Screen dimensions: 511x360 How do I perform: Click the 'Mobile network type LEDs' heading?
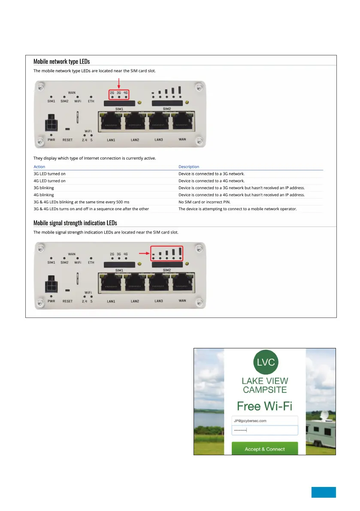[x=62, y=62]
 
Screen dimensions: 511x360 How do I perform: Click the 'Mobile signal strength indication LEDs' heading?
[x=75, y=223]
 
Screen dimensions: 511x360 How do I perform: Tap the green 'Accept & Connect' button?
[x=265, y=449]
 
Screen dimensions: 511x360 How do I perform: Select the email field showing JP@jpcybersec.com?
[x=265, y=420]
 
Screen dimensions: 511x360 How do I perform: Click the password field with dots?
[x=265, y=430]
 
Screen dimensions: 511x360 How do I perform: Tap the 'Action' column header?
[x=39, y=166]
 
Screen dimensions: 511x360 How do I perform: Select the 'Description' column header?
[x=189, y=166]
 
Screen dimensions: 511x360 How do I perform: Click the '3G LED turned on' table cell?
[x=50, y=174]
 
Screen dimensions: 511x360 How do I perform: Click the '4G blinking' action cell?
[x=44, y=194]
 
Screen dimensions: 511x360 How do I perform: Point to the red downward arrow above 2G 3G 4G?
[x=119, y=84]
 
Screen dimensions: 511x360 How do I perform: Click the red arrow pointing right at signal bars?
[x=145, y=254]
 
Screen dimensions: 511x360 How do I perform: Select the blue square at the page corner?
[x=324, y=492]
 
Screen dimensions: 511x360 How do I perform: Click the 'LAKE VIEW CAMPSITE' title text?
[x=265, y=385]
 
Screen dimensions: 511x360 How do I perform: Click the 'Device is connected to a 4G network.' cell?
[x=212, y=181]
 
